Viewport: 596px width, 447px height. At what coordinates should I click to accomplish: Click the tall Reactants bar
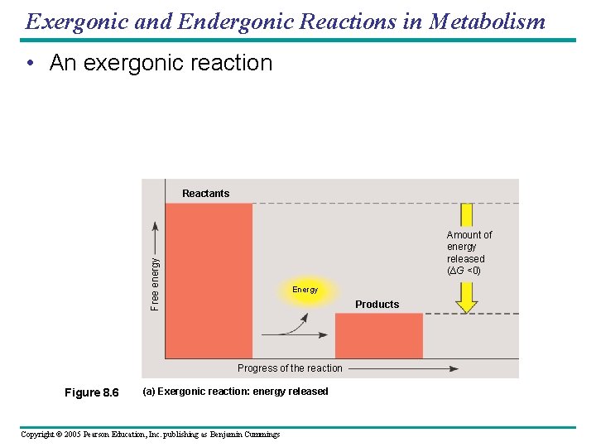(209, 280)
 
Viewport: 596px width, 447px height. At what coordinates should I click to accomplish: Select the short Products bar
(378, 335)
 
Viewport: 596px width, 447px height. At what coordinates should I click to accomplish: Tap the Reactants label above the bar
(205, 194)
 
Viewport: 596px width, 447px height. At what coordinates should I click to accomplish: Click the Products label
(377, 305)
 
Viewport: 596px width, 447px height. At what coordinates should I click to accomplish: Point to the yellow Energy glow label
(305, 290)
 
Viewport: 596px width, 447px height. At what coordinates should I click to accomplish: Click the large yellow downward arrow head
(467, 303)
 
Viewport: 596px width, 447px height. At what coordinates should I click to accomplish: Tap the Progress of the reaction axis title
(290, 368)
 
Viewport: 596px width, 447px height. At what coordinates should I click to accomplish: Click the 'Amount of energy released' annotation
(469, 247)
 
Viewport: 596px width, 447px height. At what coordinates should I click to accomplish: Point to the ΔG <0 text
(464, 271)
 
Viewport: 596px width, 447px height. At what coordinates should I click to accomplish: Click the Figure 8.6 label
(91, 392)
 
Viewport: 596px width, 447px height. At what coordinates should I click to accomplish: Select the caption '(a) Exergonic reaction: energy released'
(235, 392)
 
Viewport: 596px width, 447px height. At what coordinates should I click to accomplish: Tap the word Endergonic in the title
(209, 21)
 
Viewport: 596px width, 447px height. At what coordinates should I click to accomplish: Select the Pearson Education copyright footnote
(150, 435)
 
